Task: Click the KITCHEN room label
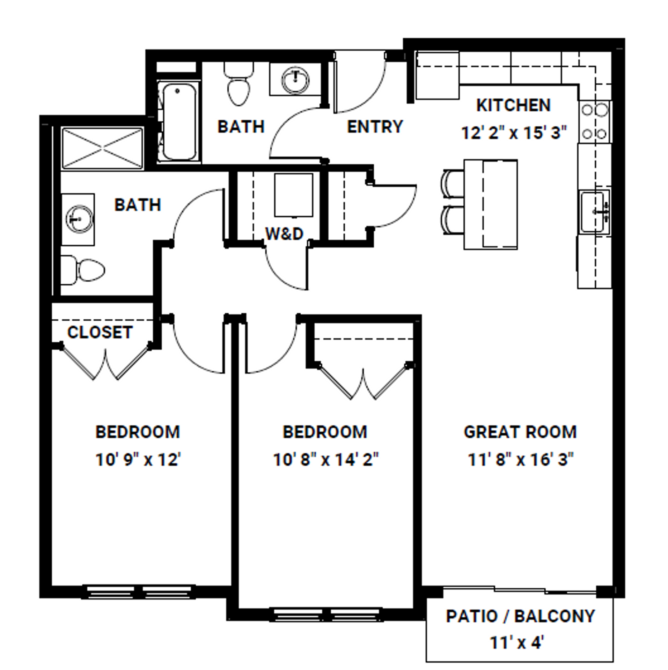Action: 513,105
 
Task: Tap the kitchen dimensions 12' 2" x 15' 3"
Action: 513,133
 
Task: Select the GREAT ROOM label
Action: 520,432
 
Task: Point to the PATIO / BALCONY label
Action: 520,616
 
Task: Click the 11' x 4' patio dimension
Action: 517,642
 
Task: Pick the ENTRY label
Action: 375,127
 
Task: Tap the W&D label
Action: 285,234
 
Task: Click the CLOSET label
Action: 100,332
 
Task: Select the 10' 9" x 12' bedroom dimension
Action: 138,460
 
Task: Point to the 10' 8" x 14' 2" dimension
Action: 325,460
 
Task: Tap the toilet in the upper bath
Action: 239,85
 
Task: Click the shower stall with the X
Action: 103,149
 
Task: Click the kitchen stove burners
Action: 594,121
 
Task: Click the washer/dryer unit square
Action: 293,195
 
